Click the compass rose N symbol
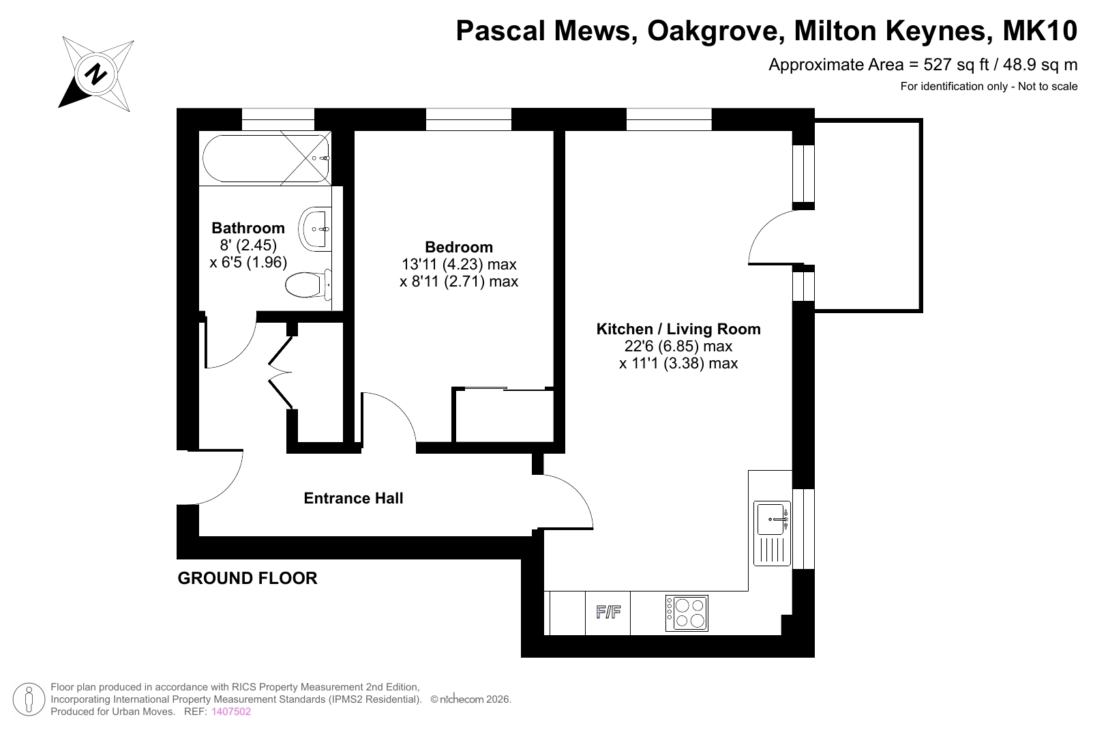pos(95,75)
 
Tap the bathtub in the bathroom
pos(266,158)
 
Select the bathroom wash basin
pos(315,229)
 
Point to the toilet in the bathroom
pos(308,284)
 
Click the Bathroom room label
pos(248,228)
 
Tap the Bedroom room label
pos(459,247)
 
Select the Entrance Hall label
pos(353,498)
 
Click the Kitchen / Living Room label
pos(678,329)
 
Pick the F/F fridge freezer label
pos(608,612)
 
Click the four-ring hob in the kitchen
pos(687,613)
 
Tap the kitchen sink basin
pos(771,519)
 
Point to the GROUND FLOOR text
pos(248,578)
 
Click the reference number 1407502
pos(230,712)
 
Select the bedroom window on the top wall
pos(468,119)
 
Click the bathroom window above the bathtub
pos(278,119)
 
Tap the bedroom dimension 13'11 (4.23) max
pos(459,264)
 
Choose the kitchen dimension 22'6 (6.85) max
pos(678,346)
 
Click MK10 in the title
pos(1039,31)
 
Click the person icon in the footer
pos(29,699)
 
